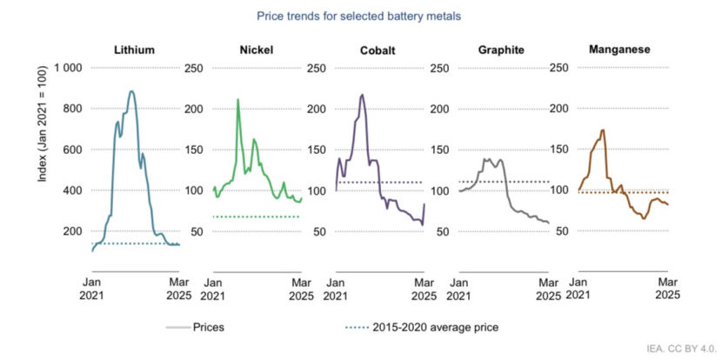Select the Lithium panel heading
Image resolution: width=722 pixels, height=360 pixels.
pyautogui.click(x=135, y=50)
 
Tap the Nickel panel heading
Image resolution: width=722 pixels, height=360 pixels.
pyautogui.click(x=256, y=50)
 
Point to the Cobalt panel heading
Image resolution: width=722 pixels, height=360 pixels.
pyautogui.click(x=378, y=50)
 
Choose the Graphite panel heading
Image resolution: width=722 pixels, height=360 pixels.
pyautogui.click(x=501, y=50)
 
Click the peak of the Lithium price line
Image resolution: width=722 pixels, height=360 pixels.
pyautogui.click(x=131, y=91)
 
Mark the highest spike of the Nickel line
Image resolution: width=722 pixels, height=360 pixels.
pyautogui.click(x=238, y=99)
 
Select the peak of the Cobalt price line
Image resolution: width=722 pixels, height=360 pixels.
pyautogui.click(x=362, y=95)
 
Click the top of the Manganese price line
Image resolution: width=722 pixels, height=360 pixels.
pyautogui.click(x=603, y=130)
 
